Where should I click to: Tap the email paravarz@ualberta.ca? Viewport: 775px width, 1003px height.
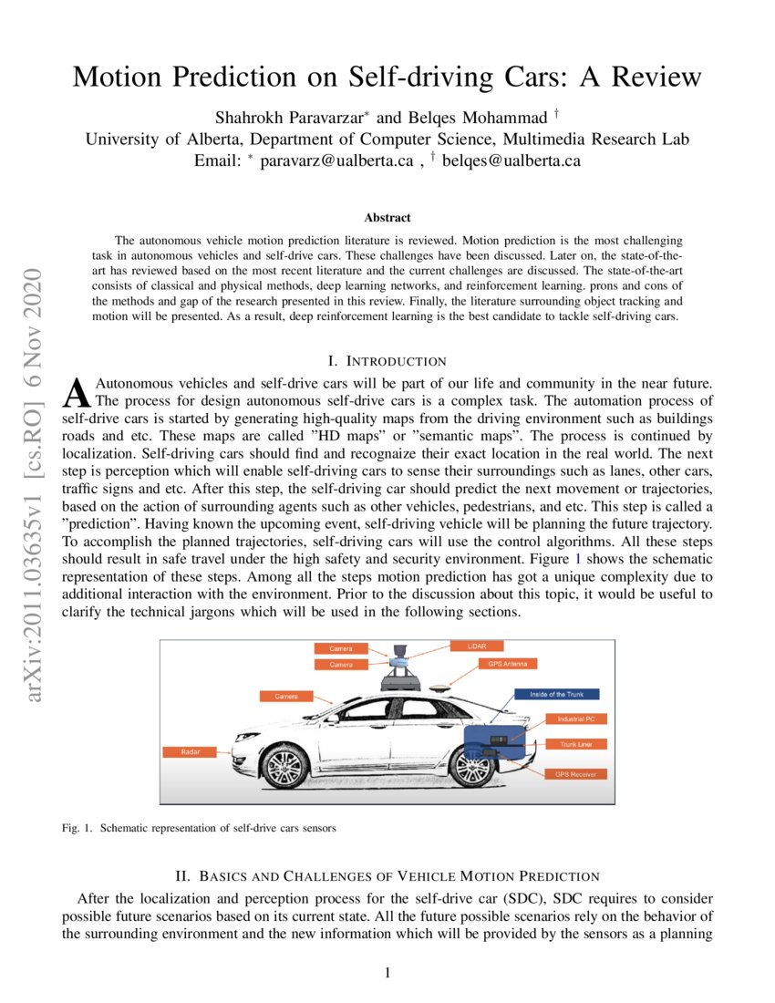click(x=339, y=160)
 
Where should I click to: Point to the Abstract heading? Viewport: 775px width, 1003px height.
click(x=387, y=218)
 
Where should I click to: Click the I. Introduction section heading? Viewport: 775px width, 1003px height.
click(x=387, y=362)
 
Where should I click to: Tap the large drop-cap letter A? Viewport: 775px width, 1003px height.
click(x=77, y=391)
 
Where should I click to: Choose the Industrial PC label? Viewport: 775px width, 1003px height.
click(x=576, y=719)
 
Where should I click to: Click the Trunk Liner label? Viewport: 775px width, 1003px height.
click(x=576, y=744)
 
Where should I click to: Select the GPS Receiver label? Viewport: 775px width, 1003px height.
click(x=575, y=774)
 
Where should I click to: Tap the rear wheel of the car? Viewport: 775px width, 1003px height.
click(x=471, y=767)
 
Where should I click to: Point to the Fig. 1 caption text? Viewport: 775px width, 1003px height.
click(x=200, y=829)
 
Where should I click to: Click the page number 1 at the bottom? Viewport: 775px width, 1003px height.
click(x=387, y=973)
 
